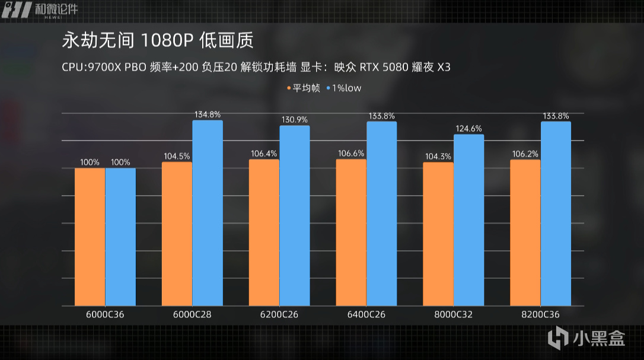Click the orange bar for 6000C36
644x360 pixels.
coord(90,237)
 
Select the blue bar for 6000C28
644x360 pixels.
coord(208,213)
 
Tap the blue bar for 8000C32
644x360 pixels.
coord(468,220)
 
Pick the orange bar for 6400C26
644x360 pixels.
coord(351,232)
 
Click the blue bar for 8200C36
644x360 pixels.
coord(556,214)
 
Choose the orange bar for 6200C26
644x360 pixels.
coord(264,232)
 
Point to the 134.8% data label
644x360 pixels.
coord(208,114)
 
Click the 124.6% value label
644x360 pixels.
coord(468,128)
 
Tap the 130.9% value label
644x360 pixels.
coord(294,119)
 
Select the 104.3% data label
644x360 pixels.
coord(438,156)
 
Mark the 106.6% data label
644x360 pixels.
coord(351,153)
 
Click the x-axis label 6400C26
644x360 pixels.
coord(366,314)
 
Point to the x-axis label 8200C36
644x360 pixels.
coord(540,314)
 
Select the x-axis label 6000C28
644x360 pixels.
coord(192,314)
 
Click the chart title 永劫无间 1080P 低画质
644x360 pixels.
coord(157,41)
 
